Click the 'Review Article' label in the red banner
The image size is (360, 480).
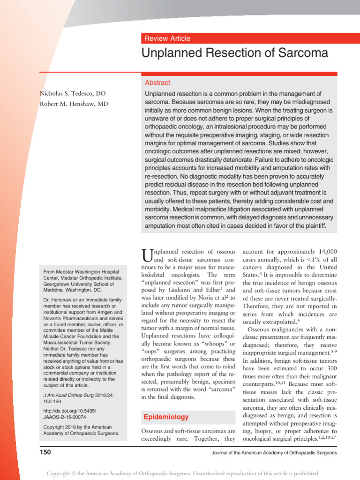[167, 38]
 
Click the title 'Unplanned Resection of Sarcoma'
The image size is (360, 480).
[235, 53]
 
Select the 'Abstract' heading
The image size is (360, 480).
[157, 82]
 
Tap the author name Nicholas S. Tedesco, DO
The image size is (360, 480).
[76, 94]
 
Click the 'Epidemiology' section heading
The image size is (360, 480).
[166, 417]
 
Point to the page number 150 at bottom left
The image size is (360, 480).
[45, 452]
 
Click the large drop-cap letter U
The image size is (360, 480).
[147, 256]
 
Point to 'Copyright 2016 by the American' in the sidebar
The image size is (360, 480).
[77, 427]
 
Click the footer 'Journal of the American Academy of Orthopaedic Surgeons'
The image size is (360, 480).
[274, 453]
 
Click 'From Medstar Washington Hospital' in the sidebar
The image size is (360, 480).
[81, 272]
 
